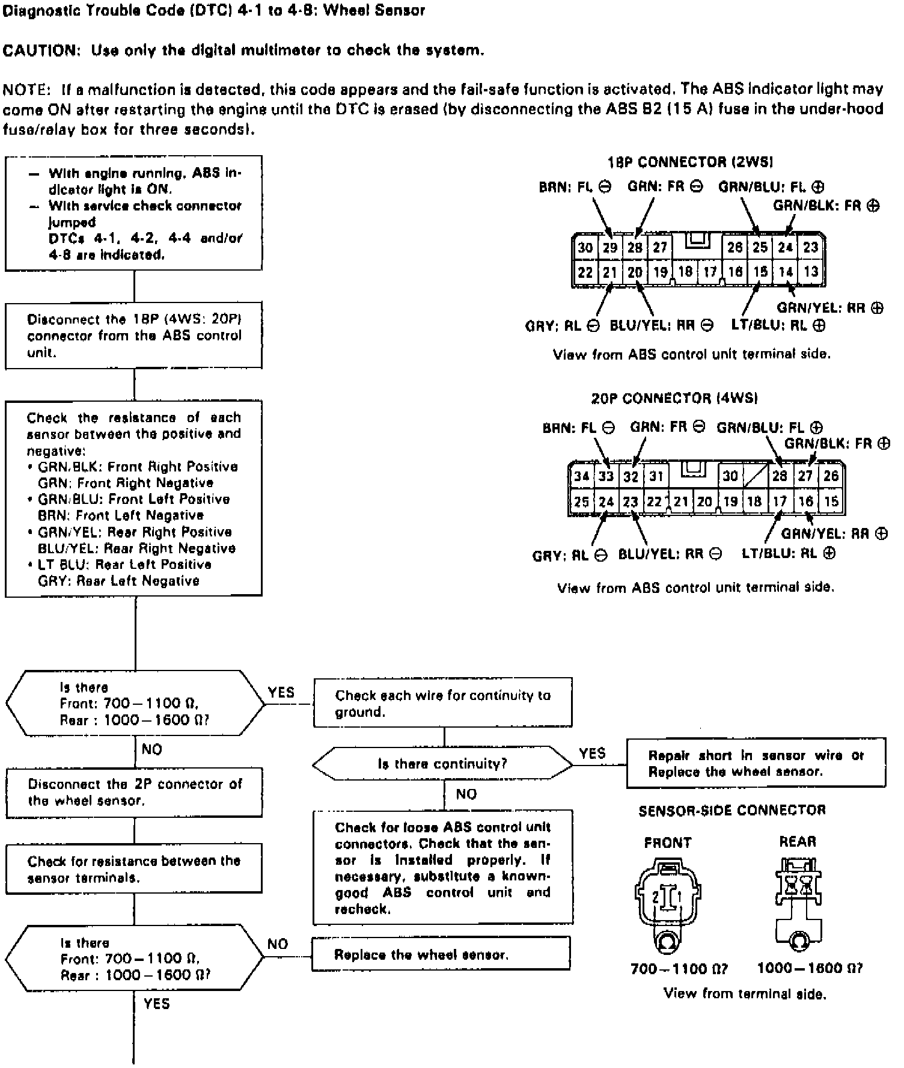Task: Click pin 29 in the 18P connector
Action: pyautogui.click(x=610, y=247)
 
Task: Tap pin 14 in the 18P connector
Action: pyautogui.click(x=786, y=272)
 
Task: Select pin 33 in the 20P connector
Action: pyautogui.click(x=606, y=477)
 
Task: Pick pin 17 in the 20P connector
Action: pyautogui.click(x=780, y=502)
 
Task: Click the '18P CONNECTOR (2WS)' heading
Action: pyautogui.click(x=690, y=162)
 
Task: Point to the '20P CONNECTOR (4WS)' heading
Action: pyautogui.click(x=674, y=398)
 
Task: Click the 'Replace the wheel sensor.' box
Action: pyautogui.click(x=441, y=954)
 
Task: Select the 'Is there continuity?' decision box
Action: pyautogui.click(x=442, y=764)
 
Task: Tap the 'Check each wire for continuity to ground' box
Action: pyautogui.click(x=442, y=703)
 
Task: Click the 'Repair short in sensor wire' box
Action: pyautogui.click(x=756, y=763)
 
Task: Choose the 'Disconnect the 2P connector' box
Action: pyautogui.click(x=134, y=792)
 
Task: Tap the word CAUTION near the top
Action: pyautogui.click(x=41, y=51)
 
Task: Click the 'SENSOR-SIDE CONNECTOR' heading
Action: pyautogui.click(x=731, y=810)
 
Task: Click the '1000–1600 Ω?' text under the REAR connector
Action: pyautogui.click(x=809, y=968)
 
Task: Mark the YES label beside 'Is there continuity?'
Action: pyautogui.click(x=592, y=753)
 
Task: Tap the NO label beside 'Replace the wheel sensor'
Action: pyautogui.click(x=278, y=944)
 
